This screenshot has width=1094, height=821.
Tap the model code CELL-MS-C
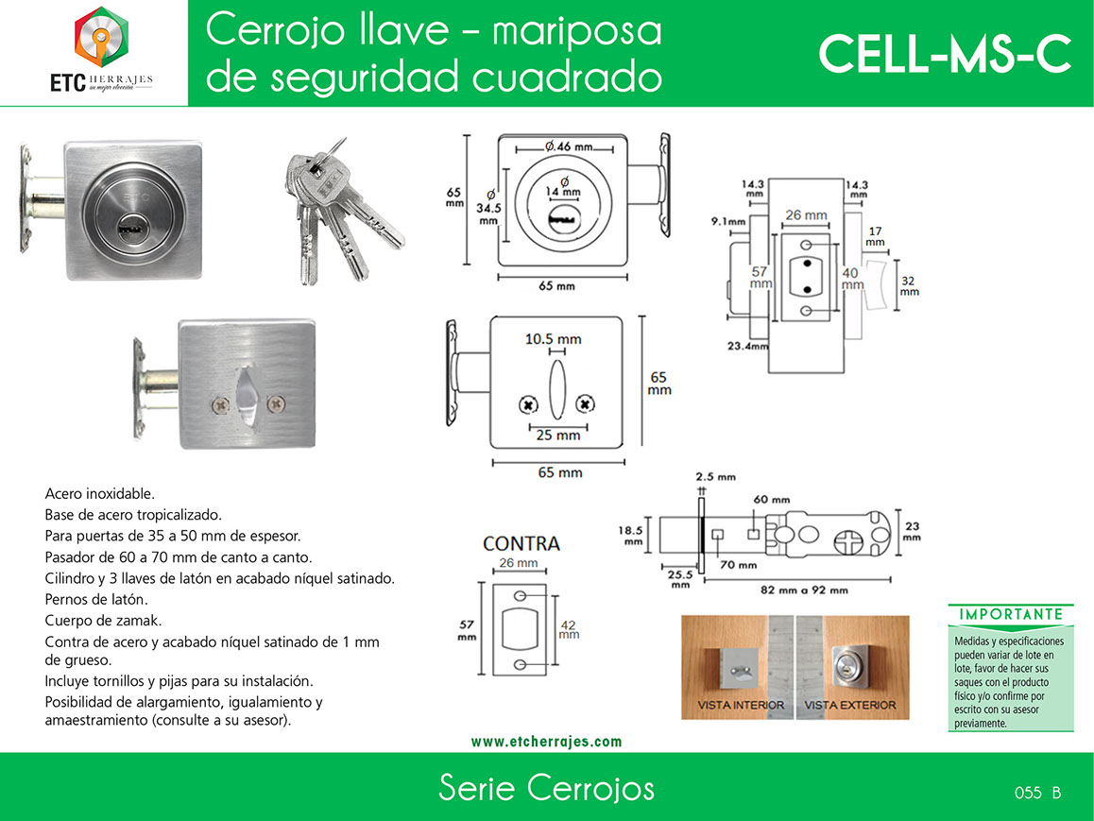[945, 54]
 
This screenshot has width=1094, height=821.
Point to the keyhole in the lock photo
[130, 228]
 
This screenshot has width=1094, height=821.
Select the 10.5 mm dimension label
[554, 339]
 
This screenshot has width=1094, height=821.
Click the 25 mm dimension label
[558, 436]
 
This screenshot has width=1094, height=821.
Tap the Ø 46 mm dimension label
[570, 146]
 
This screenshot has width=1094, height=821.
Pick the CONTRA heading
[521, 543]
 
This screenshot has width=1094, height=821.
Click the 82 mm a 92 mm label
[804, 590]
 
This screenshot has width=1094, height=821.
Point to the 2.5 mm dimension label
[715, 477]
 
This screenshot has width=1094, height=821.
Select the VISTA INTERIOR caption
[741, 705]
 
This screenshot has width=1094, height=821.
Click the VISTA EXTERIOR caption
[850, 705]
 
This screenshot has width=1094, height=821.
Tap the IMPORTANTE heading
[1011, 614]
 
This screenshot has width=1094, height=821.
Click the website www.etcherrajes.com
[546, 742]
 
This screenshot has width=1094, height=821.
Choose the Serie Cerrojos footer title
[546, 788]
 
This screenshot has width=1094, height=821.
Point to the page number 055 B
[1037, 793]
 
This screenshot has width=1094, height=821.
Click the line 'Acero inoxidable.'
[100, 494]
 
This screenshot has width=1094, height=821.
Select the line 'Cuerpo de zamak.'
[103, 620]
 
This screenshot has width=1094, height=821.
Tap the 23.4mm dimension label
[747, 346]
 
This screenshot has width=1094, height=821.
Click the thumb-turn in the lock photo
[248, 396]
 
